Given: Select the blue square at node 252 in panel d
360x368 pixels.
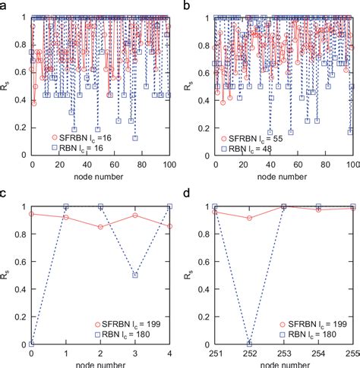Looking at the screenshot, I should coord(248,344).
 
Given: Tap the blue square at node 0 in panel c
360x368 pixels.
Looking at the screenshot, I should coord(31,344).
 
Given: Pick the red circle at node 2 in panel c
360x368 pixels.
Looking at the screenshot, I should coord(101,227).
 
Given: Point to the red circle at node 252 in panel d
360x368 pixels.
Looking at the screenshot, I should coord(248,219).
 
